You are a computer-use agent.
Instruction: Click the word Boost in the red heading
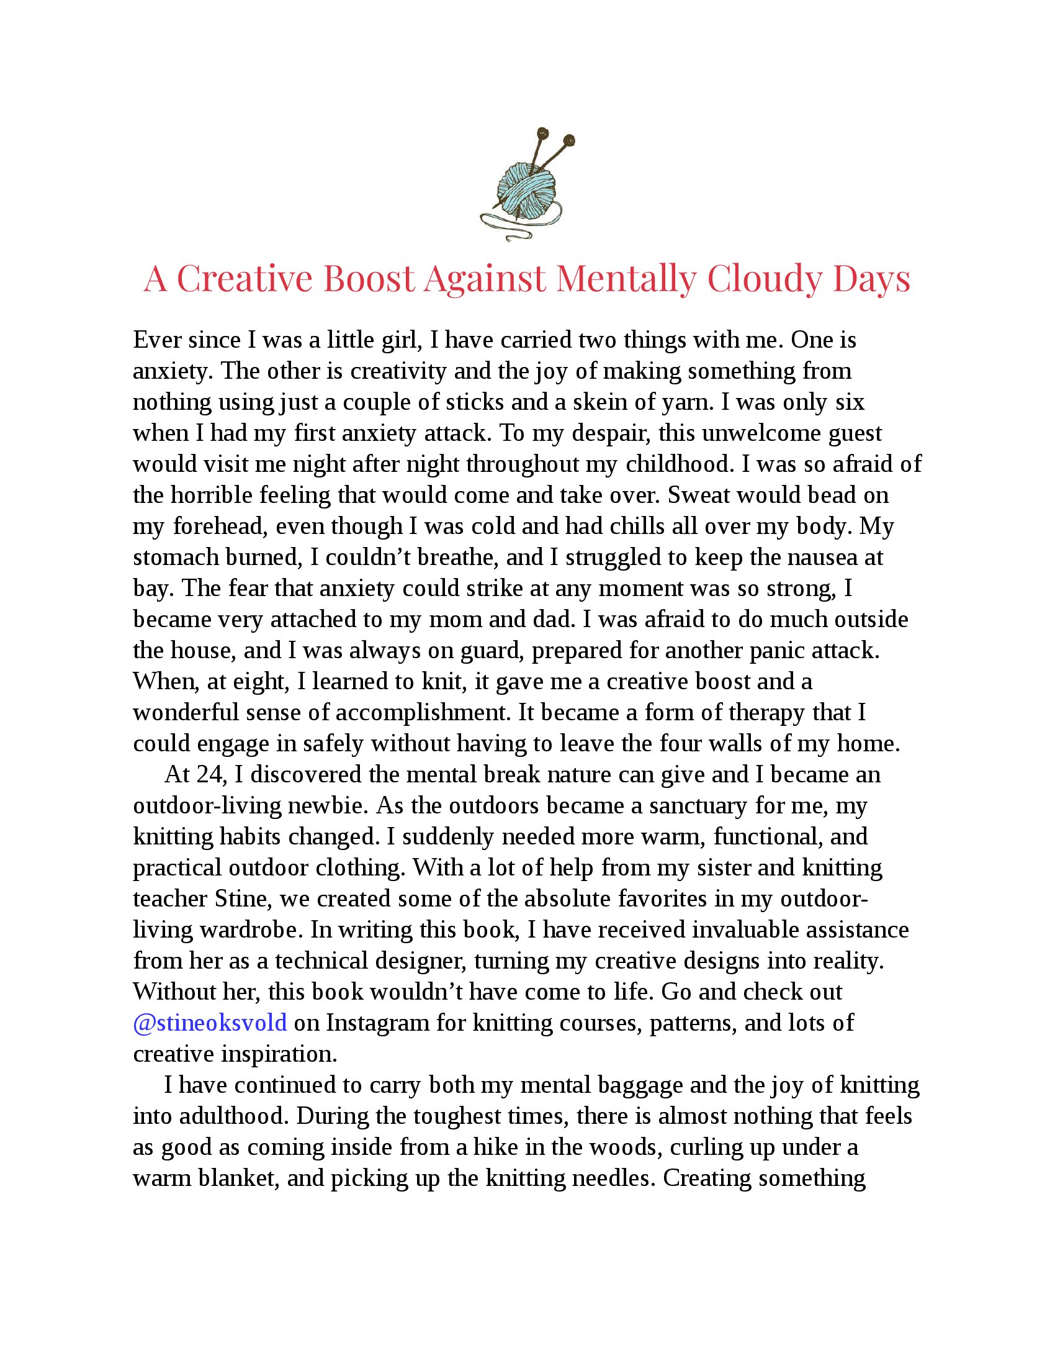[369, 278]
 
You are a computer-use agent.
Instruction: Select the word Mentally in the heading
[626, 278]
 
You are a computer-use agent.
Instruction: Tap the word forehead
[221, 527]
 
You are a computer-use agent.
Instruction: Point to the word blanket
[237, 1178]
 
